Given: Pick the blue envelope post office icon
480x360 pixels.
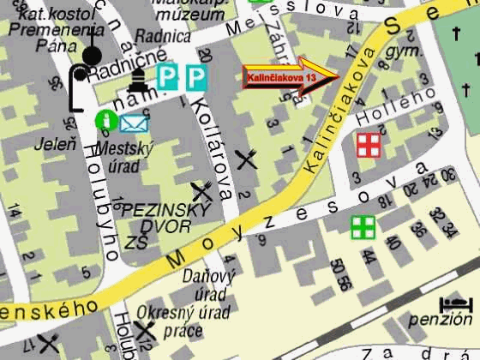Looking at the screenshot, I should click(x=134, y=123).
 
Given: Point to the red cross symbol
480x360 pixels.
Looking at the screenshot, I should click(x=369, y=146).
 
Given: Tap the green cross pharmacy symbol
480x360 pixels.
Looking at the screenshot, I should click(x=363, y=227).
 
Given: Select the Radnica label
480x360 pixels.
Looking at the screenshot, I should click(x=167, y=36).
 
